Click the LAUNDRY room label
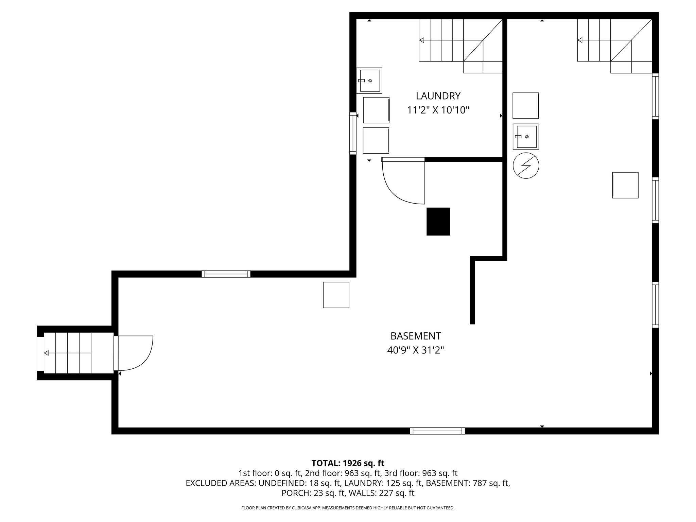click(x=438, y=96)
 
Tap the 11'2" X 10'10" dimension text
click(x=438, y=110)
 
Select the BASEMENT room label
click(x=415, y=336)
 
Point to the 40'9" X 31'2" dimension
click(x=415, y=350)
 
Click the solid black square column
click(x=438, y=222)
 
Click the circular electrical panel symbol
click(x=526, y=166)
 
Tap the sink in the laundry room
click(x=369, y=81)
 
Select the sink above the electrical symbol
click(x=526, y=137)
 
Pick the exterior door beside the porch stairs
click(x=134, y=353)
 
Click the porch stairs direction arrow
click(x=47, y=353)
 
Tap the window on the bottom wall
click(x=437, y=431)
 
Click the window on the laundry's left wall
click(x=353, y=133)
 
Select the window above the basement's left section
click(x=226, y=274)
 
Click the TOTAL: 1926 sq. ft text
click(x=348, y=463)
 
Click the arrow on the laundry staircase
click(x=422, y=40)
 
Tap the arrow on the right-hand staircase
click(x=580, y=40)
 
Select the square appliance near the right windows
click(x=625, y=185)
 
